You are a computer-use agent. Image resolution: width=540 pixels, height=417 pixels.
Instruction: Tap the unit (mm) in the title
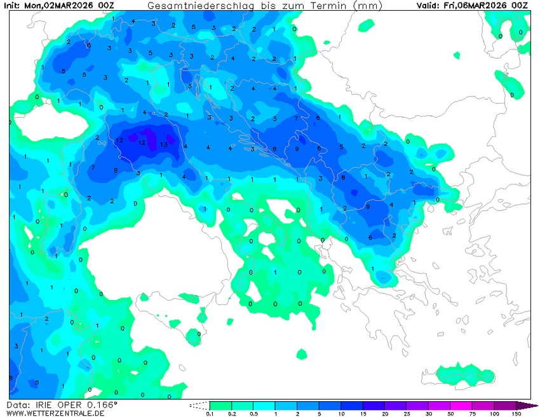tap(368, 6)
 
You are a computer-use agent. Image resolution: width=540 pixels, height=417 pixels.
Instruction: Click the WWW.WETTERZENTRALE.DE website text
tap(55, 413)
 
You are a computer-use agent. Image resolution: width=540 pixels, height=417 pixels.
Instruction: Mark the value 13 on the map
tap(164, 144)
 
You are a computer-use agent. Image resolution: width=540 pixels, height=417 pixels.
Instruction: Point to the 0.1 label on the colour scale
tap(209, 414)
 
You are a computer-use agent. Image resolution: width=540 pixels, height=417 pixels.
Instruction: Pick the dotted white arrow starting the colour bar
tap(199, 406)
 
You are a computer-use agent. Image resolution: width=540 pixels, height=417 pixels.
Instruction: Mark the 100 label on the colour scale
tap(494, 414)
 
